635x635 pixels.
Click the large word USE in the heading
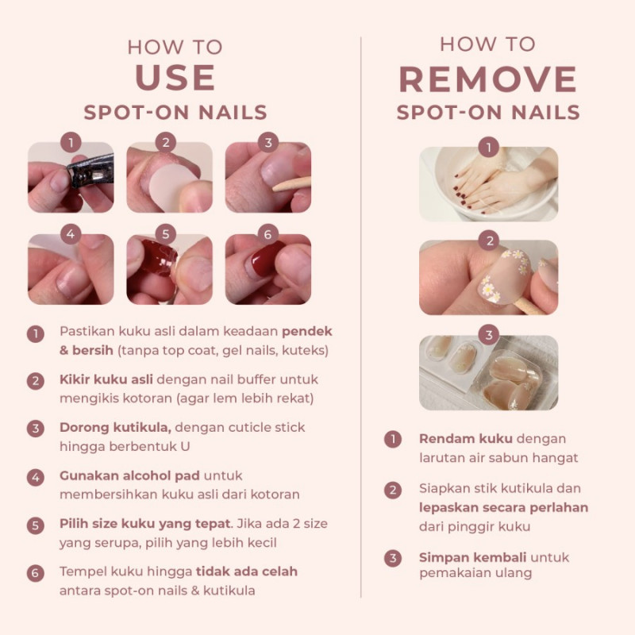175,77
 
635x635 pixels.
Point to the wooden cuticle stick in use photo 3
291,184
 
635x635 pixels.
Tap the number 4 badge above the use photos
71,234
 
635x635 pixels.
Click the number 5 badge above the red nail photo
166,234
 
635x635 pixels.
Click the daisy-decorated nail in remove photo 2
502,277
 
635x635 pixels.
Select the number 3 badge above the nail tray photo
489,334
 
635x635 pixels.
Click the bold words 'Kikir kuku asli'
106,379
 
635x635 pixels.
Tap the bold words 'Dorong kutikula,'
115,428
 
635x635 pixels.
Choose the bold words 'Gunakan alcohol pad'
129,475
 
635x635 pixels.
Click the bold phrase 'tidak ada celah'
247,571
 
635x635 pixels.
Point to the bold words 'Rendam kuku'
466,439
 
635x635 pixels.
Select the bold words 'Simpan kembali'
472,558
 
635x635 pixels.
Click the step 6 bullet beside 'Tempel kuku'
36,573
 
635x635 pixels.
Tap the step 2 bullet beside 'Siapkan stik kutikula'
393,490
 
